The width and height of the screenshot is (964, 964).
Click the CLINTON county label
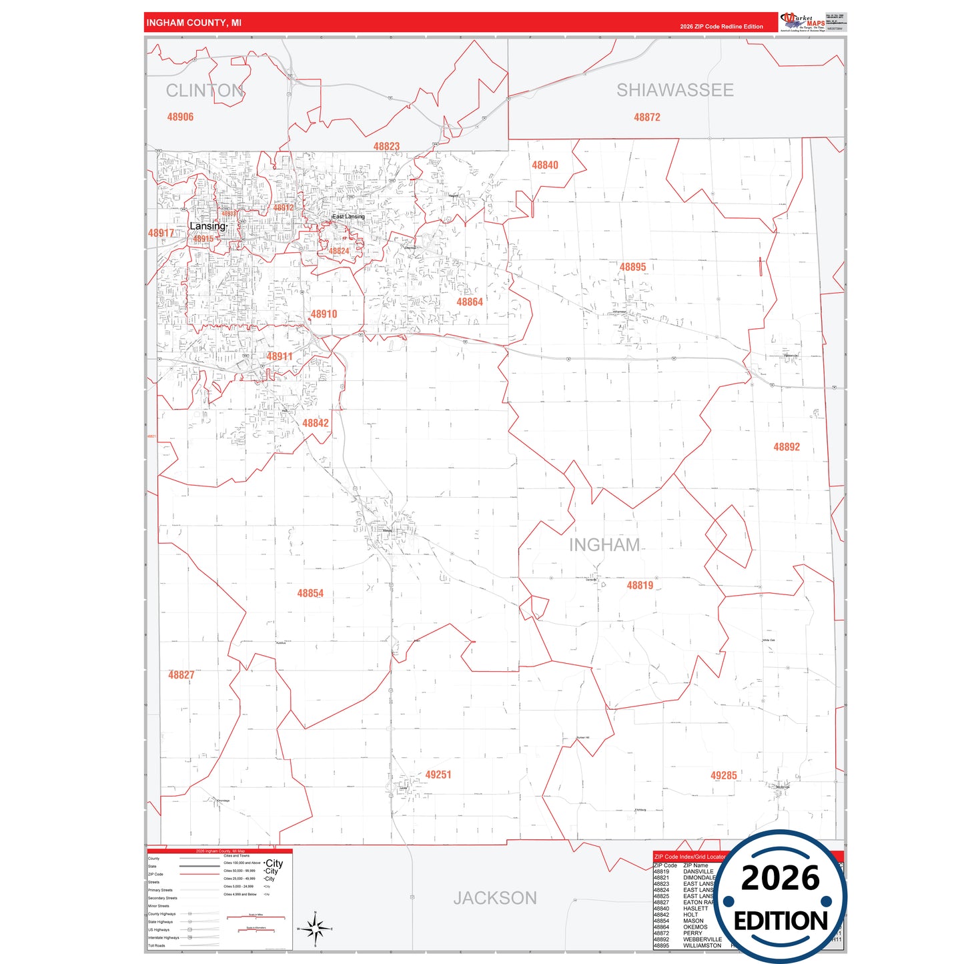coord(204,91)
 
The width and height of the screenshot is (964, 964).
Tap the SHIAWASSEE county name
coord(674,90)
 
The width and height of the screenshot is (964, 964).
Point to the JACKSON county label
coord(495,898)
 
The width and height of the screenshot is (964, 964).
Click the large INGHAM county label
coord(604,545)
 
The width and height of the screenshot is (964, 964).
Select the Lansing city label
coord(207,226)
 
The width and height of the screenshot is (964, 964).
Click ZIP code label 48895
coord(632,267)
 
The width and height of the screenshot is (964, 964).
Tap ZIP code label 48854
coord(310,593)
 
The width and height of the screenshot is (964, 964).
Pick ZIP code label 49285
coord(724,775)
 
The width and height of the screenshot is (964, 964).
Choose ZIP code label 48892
coord(787,447)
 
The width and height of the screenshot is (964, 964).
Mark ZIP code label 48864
coord(470,302)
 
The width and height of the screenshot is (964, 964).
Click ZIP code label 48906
coord(180,117)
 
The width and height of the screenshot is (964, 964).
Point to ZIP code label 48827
coord(181,675)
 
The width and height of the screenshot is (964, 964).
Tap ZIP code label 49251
coord(438,775)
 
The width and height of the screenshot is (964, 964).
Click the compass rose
coord(315,928)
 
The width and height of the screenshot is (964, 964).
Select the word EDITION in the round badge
coord(780,921)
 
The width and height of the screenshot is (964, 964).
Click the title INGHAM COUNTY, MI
coord(193,23)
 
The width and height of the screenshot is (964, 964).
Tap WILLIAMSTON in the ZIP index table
coord(702,945)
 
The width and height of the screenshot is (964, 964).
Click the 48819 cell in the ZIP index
coord(661,871)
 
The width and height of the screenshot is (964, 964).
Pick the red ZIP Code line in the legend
coord(199,874)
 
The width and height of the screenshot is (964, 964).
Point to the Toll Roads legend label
coord(156,945)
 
